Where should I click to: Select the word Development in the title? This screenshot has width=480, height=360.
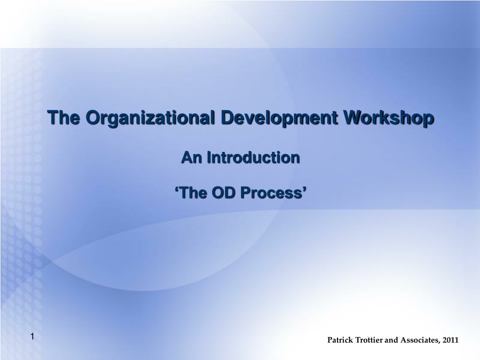(x=279, y=118)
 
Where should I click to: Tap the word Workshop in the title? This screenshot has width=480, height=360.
(x=389, y=118)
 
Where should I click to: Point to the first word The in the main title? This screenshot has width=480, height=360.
(x=64, y=117)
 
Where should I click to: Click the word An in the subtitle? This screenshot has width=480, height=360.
(x=191, y=157)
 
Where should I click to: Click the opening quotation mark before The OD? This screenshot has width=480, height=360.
(x=177, y=189)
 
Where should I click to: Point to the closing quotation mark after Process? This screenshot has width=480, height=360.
(x=305, y=189)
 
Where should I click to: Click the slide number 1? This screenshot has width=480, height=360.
(x=32, y=337)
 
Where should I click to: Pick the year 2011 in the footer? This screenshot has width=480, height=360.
(x=450, y=340)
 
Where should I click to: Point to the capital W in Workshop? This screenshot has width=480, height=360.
(x=352, y=117)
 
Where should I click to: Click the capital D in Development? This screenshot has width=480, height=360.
(x=227, y=117)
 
